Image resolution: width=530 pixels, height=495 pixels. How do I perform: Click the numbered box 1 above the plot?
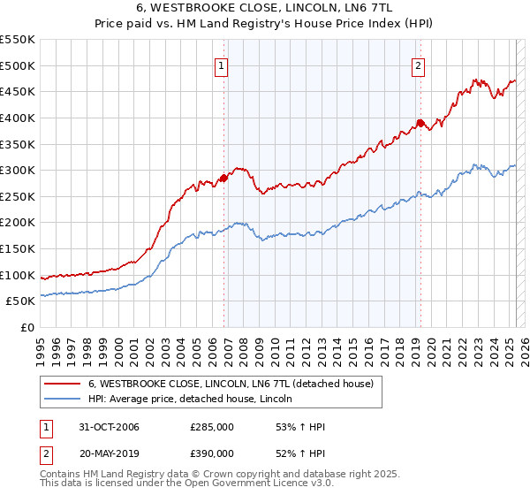[221, 64]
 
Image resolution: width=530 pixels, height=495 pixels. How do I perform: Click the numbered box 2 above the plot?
[417, 64]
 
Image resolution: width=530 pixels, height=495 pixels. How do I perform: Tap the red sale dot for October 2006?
[223, 178]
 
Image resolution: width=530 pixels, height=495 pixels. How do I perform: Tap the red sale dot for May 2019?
[420, 123]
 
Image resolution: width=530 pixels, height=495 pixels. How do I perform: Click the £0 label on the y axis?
[27, 328]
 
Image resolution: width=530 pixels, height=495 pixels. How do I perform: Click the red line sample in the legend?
[62, 385]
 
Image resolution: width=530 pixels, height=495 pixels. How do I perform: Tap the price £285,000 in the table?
[213, 428]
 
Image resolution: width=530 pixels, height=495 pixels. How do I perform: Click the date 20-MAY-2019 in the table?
[109, 453]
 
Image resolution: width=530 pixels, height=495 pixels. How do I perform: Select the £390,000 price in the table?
[213, 453]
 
